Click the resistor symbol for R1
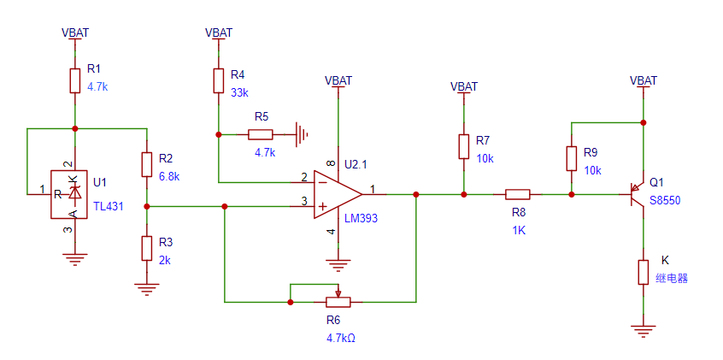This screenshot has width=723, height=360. coord(75,80)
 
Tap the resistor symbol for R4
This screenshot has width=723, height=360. coord(219,80)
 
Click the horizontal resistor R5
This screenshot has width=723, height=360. coord(260,133)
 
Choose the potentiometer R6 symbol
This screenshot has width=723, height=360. coord(338,301)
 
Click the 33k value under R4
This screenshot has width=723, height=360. coord(239,92)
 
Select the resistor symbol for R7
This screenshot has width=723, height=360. coord(463,146)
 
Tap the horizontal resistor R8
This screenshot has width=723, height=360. coord(517,194)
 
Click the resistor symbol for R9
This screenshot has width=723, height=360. coord(571,158)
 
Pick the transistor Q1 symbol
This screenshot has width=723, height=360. coord(636,193)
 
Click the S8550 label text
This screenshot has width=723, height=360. coord(667,201)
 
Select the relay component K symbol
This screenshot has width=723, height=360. coord(643,272)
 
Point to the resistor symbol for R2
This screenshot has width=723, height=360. coord(147,164)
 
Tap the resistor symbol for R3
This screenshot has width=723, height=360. coord(147,248)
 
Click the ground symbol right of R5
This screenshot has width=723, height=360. coord(301,133)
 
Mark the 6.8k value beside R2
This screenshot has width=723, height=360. coord(168,176)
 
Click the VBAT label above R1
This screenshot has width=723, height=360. coord(75,32)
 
